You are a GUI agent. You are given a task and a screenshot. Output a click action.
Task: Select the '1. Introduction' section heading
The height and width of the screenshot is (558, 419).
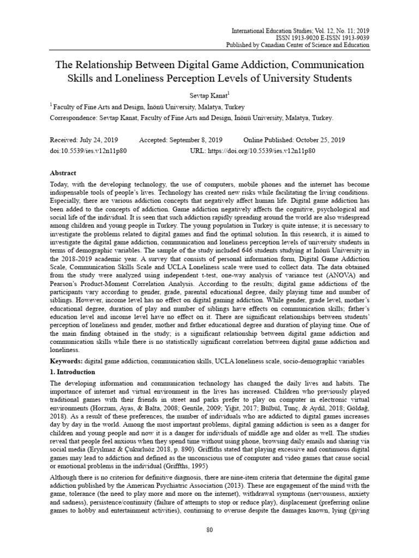click(73, 372)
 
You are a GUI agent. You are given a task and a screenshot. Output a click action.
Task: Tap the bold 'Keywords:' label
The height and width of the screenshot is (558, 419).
click(65, 361)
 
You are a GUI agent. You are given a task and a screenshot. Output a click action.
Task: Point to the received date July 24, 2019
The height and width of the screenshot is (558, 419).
click(99, 140)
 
